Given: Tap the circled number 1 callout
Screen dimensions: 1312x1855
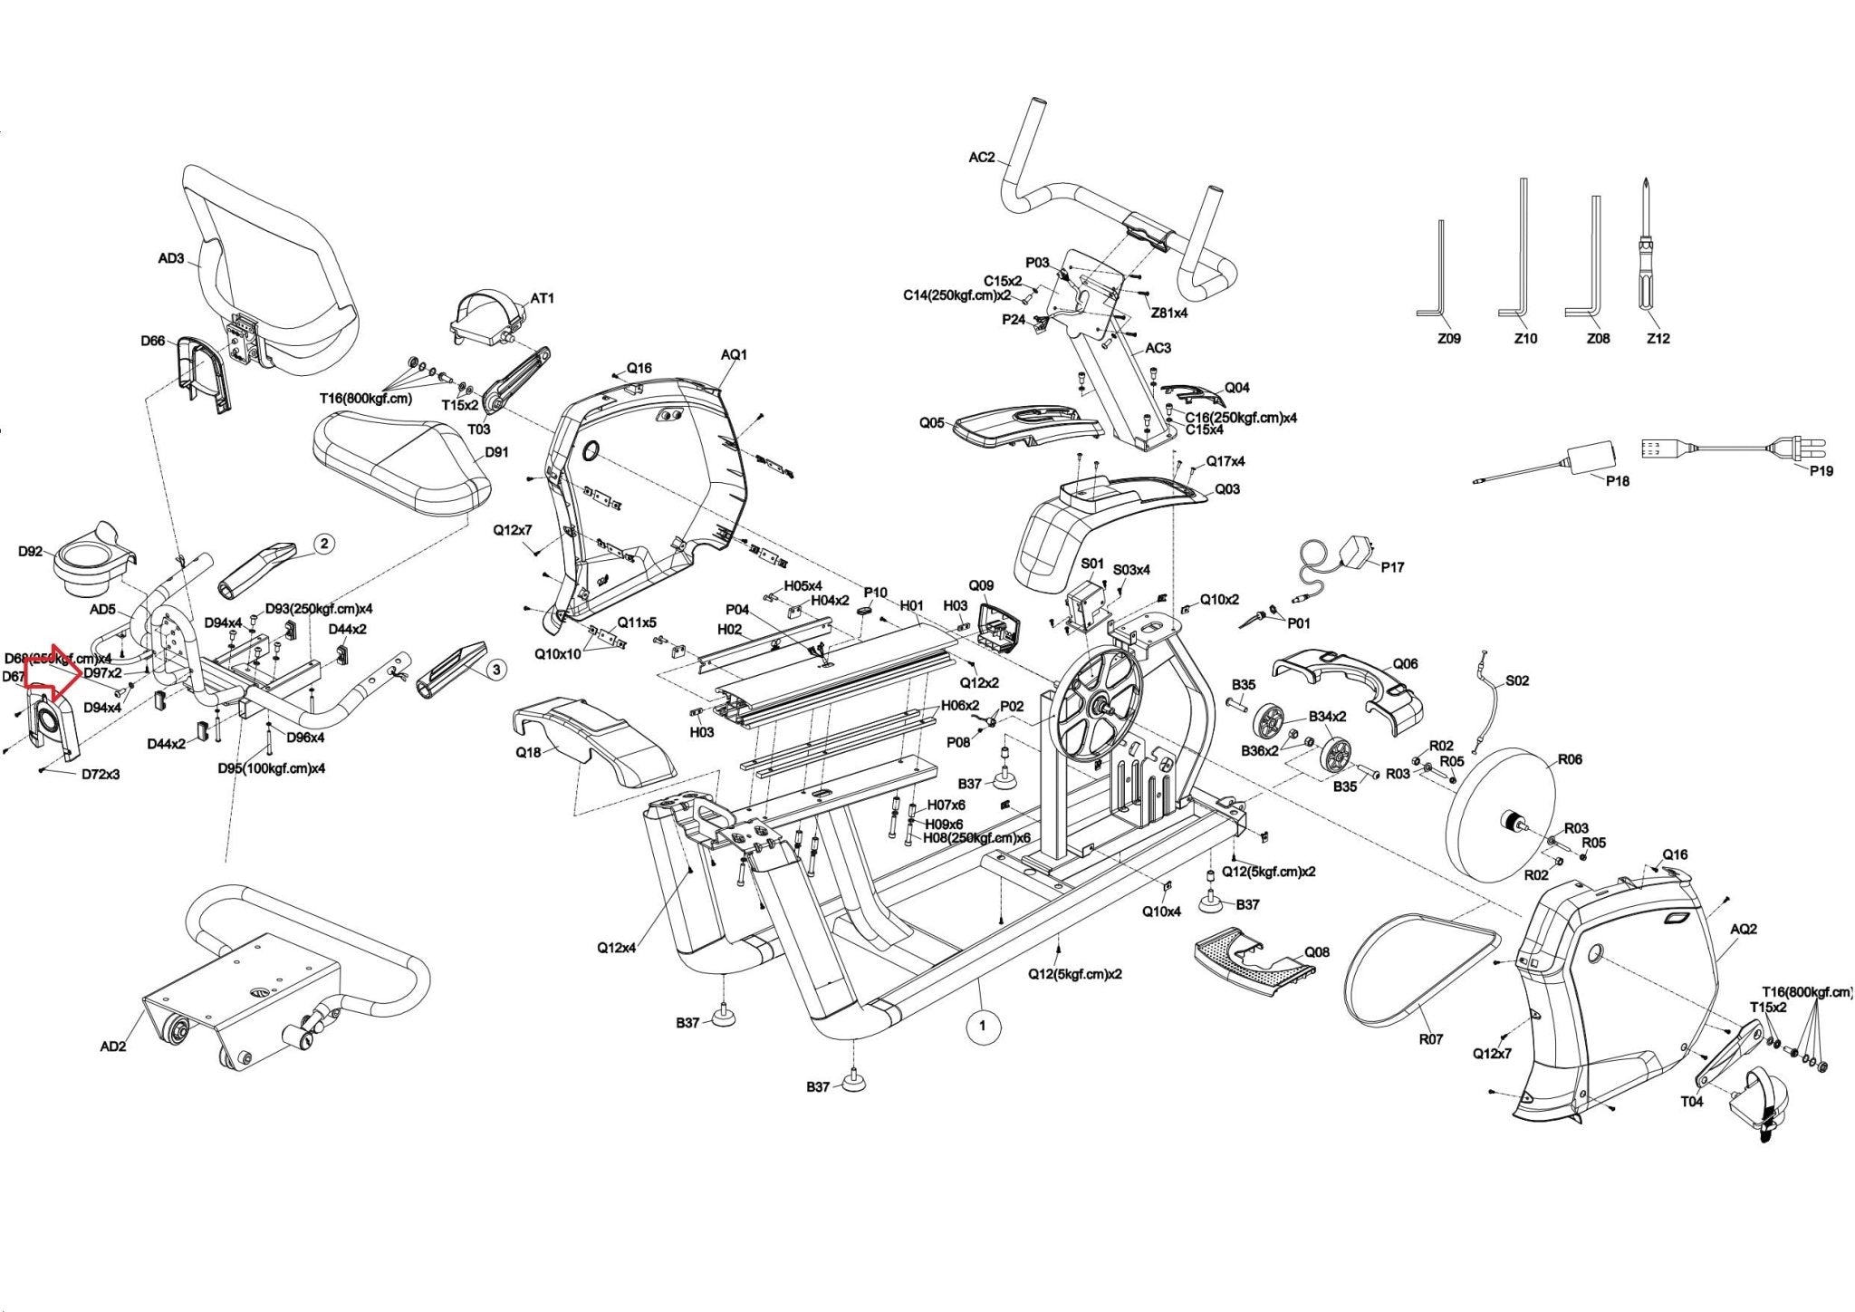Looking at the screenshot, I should coord(983,1027).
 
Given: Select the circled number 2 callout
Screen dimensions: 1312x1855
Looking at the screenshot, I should coord(324,545).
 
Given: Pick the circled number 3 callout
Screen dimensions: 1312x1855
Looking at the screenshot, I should coord(496,670).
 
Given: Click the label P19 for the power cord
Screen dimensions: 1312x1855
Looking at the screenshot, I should coord(1821,470).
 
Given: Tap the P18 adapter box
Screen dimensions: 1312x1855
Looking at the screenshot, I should coord(1591,457).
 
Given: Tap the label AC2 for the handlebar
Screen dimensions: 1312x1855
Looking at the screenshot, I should coord(981,157).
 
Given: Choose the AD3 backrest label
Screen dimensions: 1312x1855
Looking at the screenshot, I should coord(170,258).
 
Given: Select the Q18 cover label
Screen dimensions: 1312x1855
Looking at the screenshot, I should coord(528,752).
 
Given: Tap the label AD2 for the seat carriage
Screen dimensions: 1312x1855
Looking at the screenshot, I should coord(112,1047).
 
